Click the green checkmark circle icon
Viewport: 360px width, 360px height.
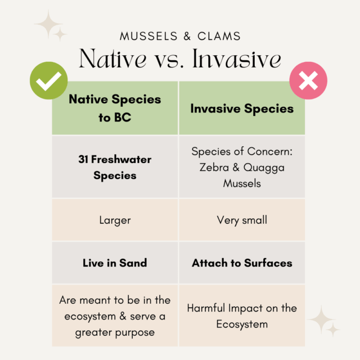[x=49, y=80]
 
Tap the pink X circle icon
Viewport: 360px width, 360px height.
[x=308, y=80]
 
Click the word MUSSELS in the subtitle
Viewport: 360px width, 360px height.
[x=148, y=36]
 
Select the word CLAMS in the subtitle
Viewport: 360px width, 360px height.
[x=219, y=36]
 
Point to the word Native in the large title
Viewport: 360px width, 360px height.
[x=112, y=58]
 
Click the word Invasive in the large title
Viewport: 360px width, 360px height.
[x=237, y=58]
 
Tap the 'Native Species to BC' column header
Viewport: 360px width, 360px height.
[x=115, y=108]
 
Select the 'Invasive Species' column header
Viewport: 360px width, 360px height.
[x=242, y=108]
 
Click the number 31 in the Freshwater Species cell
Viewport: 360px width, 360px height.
[x=83, y=159]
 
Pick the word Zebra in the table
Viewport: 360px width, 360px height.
[x=214, y=167]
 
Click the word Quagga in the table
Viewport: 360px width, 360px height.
[x=264, y=168]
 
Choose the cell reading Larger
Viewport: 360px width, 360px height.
[x=115, y=220]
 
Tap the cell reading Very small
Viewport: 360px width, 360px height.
[x=242, y=220]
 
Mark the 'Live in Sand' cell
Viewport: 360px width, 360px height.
[x=115, y=263]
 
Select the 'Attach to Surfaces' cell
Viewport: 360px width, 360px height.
[x=242, y=263]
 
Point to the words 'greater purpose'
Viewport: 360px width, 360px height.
[x=115, y=332]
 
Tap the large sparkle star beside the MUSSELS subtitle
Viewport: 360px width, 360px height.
[x=48, y=24]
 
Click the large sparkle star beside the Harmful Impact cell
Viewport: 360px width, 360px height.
[x=321, y=319]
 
